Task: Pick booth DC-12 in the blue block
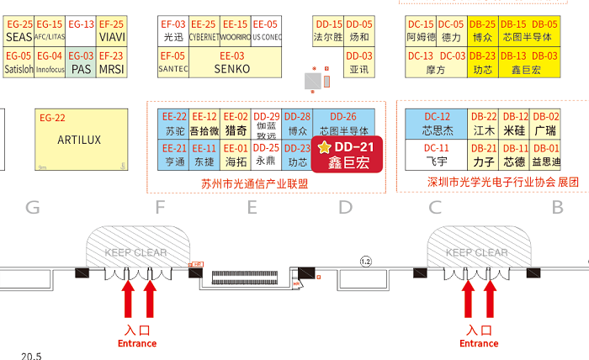[x=437, y=124]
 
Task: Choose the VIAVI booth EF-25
[x=111, y=31]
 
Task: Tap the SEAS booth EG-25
[x=19, y=31]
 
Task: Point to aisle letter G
[x=34, y=207]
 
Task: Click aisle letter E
[x=251, y=207]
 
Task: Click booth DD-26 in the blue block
[x=343, y=124]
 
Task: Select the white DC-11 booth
[x=437, y=155]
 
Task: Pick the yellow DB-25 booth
[x=482, y=31]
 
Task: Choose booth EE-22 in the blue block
[x=174, y=124]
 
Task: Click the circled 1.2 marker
[x=365, y=261]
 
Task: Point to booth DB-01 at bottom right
[x=546, y=155]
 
